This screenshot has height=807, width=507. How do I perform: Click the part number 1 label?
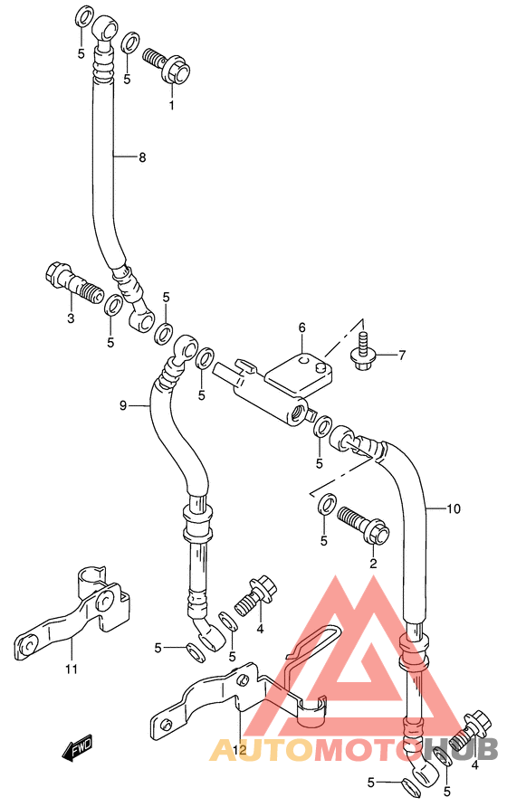(x=172, y=106)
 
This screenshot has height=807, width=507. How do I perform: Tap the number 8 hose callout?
(x=142, y=157)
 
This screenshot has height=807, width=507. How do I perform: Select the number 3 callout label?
(x=71, y=318)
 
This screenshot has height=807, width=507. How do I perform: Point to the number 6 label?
(x=301, y=328)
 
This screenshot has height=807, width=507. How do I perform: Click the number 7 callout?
(x=402, y=355)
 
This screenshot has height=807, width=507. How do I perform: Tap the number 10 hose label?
(x=454, y=509)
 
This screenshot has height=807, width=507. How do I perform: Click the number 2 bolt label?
(x=372, y=563)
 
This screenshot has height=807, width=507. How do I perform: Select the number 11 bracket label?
(x=72, y=669)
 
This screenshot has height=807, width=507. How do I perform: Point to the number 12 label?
(x=240, y=749)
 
